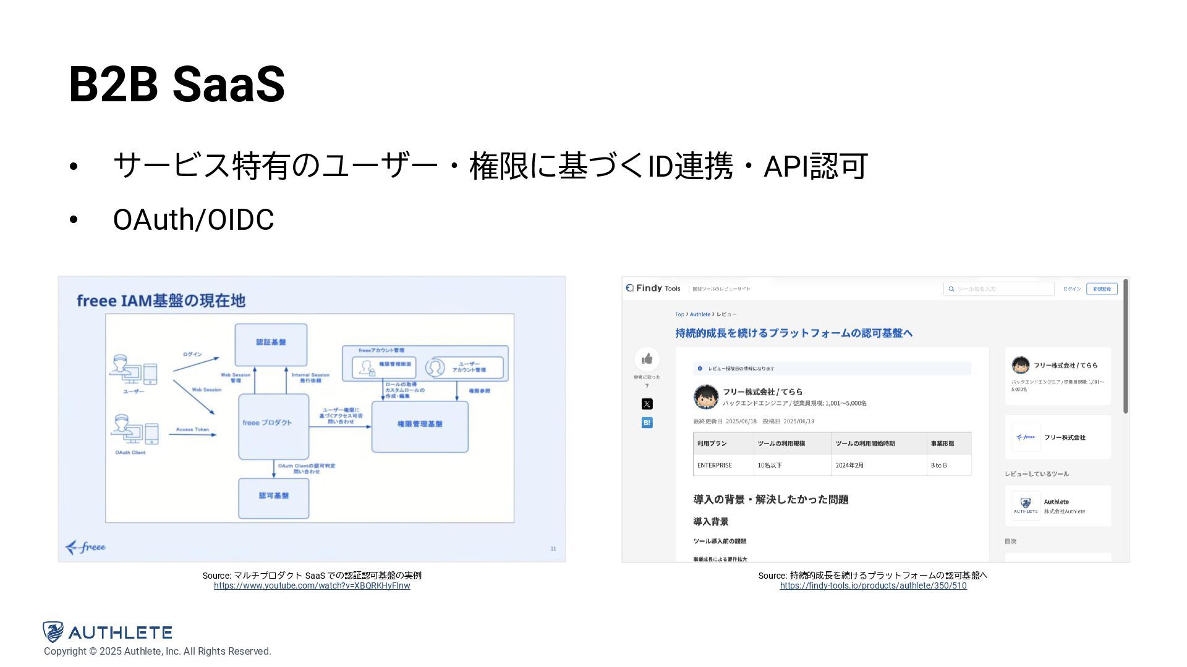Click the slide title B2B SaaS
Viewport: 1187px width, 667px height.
(x=177, y=84)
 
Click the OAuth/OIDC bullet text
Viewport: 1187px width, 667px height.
(x=193, y=220)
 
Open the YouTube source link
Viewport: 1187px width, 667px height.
(x=312, y=585)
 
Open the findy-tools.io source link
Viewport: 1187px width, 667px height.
(x=873, y=585)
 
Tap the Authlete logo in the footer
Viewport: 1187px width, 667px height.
(x=108, y=632)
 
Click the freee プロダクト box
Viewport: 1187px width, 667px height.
(x=273, y=426)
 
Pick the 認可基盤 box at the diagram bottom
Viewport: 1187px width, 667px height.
(x=273, y=498)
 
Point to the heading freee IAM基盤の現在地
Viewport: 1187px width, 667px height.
(x=161, y=301)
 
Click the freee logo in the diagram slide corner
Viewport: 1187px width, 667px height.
(x=86, y=547)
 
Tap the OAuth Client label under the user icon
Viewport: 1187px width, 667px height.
(x=130, y=453)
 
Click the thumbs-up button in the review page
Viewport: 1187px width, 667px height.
(x=647, y=359)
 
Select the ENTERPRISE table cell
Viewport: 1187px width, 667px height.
(x=715, y=465)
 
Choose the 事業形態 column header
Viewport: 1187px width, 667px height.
(x=942, y=443)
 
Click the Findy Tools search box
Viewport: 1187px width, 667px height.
(x=999, y=289)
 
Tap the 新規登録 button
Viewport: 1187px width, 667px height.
(x=1102, y=289)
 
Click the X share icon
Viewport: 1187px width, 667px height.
(x=647, y=404)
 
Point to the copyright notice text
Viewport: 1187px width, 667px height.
(x=157, y=652)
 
